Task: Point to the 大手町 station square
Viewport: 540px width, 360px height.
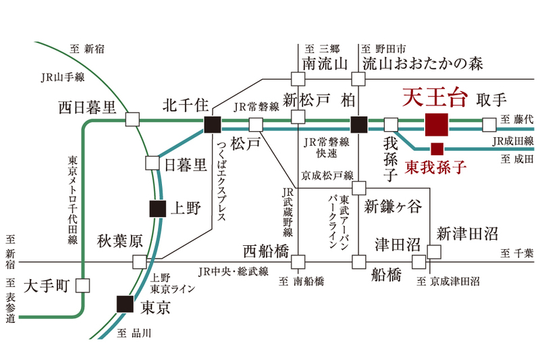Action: click(x=82, y=285)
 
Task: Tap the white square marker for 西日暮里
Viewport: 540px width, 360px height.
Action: click(x=132, y=120)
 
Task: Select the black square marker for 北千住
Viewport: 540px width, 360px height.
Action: click(x=212, y=124)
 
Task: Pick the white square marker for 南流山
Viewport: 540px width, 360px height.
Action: click(x=298, y=79)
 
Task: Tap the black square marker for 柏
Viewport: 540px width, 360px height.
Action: click(x=359, y=124)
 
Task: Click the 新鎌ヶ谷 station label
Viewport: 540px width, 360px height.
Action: click(x=391, y=206)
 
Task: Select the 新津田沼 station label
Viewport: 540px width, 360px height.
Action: click(x=467, y=234)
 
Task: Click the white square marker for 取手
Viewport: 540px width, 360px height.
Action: click(x=490, y=124)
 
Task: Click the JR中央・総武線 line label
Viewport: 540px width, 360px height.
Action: click(x=233, y=272)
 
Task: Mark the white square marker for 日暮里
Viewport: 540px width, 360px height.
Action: click(x=152, y=163)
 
